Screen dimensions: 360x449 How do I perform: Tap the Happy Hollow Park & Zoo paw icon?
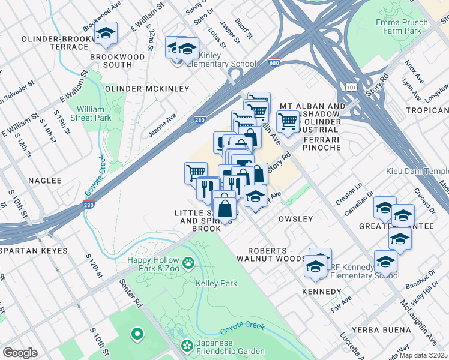pyautogui.click(x=189, y=262)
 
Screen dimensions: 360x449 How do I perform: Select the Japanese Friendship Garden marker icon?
pyautogui.click(x=185, y=346)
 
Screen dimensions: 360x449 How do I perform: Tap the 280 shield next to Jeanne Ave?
pyautogui.click(x=200, y=120)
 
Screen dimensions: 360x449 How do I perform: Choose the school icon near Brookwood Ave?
pyautogui.click(x=106, y=34)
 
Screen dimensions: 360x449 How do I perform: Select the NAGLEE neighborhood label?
pyautogui.click(x=44, y=180)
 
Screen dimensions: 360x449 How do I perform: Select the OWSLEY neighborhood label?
pyautogui.click(x=295, y=219)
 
